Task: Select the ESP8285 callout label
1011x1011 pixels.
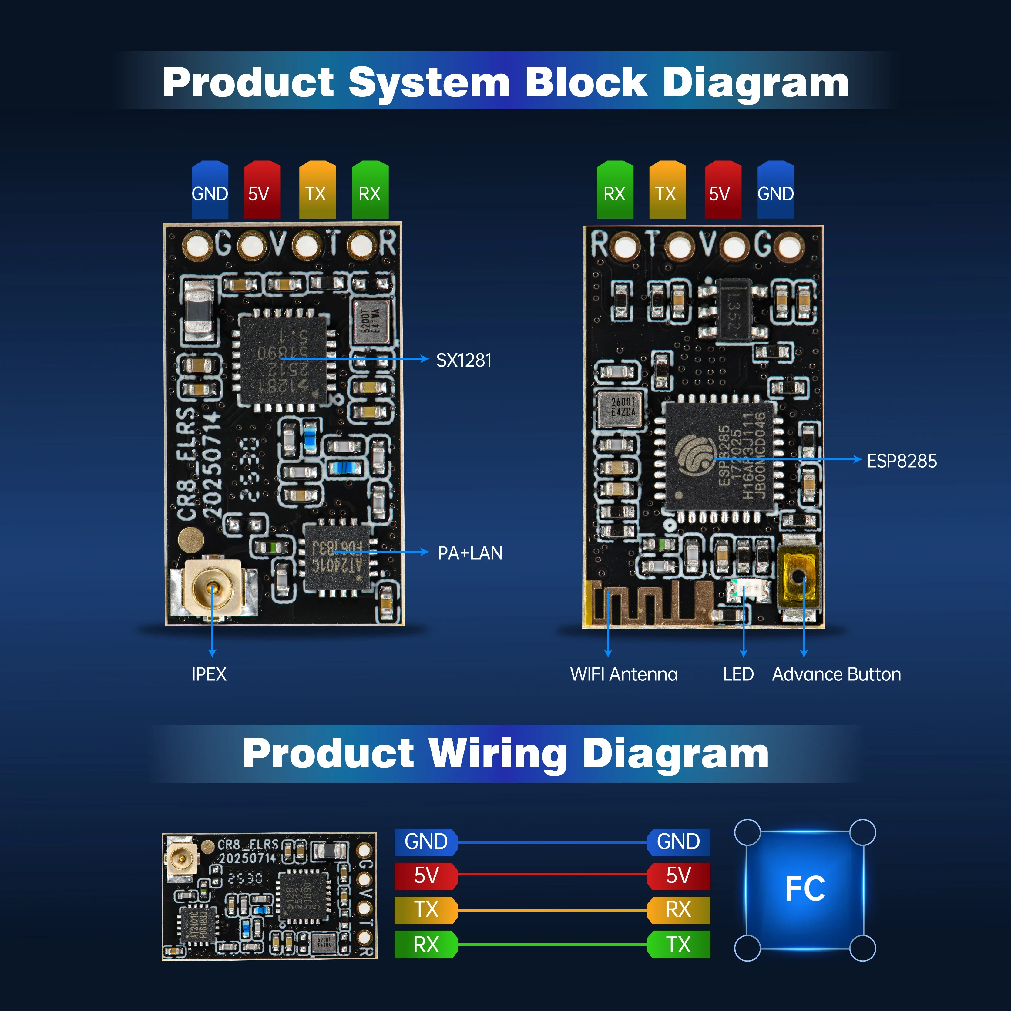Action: (901, 461)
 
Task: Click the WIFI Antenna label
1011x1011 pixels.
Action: (623, 674)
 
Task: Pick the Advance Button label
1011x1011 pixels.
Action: (836, 674)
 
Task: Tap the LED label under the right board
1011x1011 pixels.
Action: (738, 674)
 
